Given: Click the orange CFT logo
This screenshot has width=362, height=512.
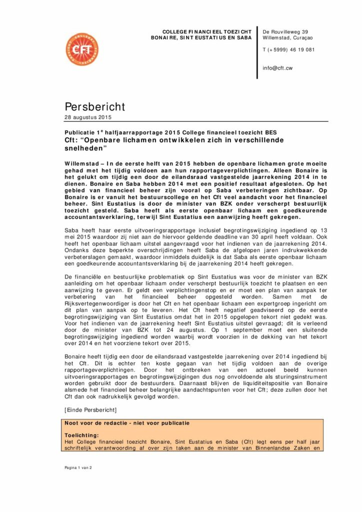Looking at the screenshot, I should click(x=82, y=50).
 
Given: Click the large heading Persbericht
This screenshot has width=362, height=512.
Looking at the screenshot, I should click(x=94, y=106).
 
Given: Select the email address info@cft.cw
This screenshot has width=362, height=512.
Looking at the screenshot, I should click(x=277, y=68).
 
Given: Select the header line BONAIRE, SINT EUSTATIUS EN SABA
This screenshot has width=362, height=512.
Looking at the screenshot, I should click(x=201, y=37).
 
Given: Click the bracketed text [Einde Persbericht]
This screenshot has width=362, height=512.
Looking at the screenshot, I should click(x=90, y=410).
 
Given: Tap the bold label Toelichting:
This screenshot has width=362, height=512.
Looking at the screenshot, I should click(x=82, y=435).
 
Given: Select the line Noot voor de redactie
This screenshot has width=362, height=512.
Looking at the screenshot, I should click(x=127, y=423).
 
